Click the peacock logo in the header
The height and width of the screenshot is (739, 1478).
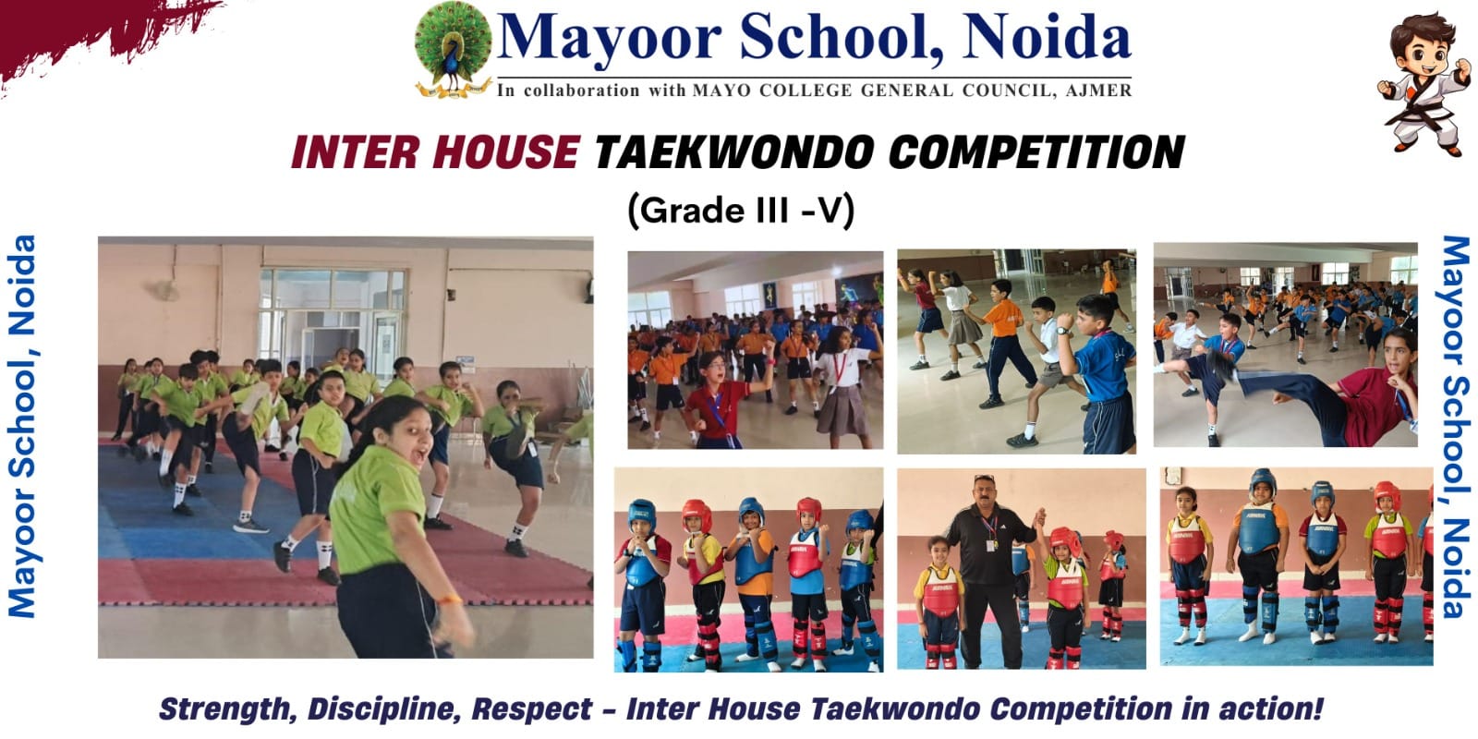coord(452,51)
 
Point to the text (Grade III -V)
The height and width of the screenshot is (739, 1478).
coord(741,211)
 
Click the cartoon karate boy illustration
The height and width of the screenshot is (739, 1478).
coord(1422,83)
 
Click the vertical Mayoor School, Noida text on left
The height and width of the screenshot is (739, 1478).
coord(22,425)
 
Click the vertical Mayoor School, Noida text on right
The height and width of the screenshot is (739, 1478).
coord(1455,425)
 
